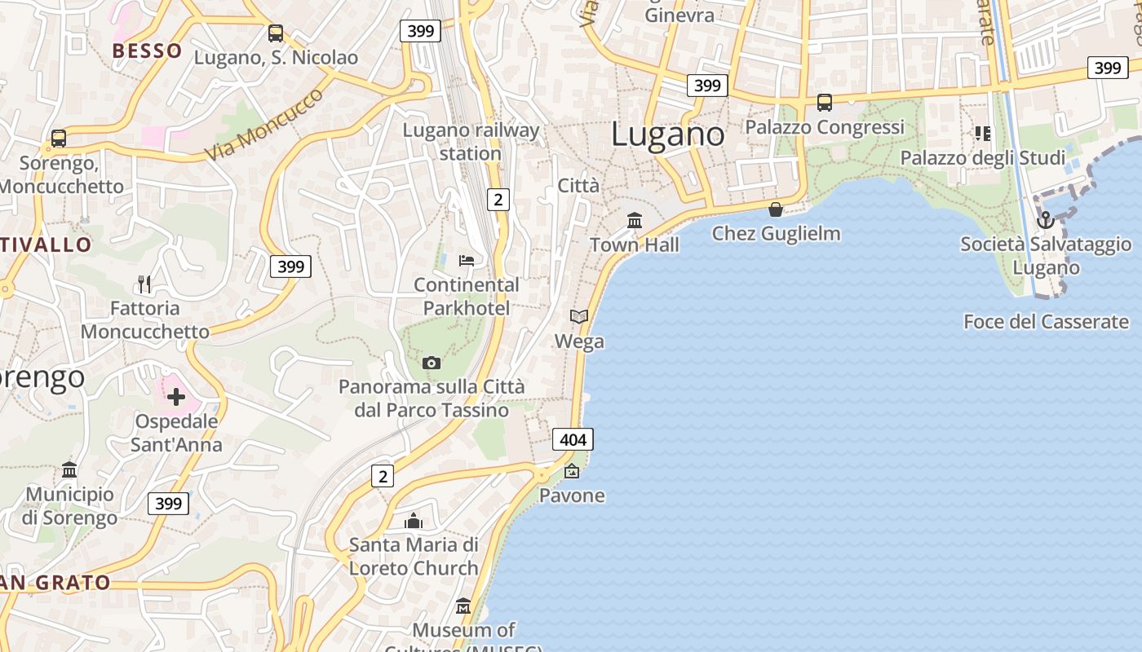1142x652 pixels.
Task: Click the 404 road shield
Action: click(x=573, y=440)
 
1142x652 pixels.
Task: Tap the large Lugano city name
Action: click(x=667, y=134)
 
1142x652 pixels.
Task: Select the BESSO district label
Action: click(x=148, y=51)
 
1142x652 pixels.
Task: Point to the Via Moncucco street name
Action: click(x=263, y=124)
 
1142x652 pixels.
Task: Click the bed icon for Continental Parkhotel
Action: click(x=467, y=261)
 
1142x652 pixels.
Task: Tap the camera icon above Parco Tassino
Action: click(x=432, y=363)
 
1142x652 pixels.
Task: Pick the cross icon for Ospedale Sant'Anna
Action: click(x=176, y=397)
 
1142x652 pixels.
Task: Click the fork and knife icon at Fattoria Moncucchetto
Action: click(x=144, y=284)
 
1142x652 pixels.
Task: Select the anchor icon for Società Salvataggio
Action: click(x=1045, y=220)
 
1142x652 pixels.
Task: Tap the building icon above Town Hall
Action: click(x=635, y=220)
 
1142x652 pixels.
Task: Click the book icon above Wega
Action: click(x=579, y=316)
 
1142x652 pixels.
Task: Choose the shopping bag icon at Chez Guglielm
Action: click(x=776, y=209)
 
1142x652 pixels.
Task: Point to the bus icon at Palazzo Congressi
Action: click(x=825, y=103)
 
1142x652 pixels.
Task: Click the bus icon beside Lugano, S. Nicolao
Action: click(x=276, y=33)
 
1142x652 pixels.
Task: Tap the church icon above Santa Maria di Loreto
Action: click(x=414, y=520)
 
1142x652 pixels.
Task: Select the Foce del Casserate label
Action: click(x=1046, y=322)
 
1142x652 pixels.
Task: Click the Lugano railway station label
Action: click(x=471, y=142)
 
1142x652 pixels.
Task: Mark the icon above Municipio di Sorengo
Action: click(x=69, y=469)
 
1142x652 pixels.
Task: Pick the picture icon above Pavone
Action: click(x=572, y=471)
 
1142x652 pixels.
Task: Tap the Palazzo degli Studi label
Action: click(x=982, y=157)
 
